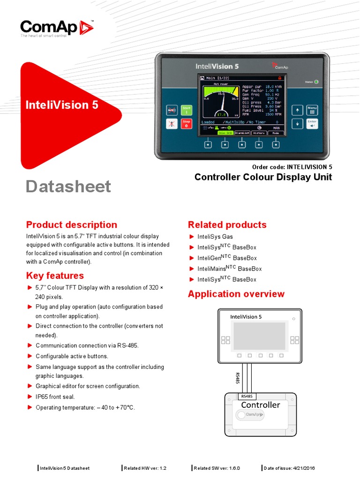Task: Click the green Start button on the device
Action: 187,110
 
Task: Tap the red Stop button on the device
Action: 187,124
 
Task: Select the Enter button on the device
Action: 312,124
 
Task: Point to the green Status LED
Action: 316,82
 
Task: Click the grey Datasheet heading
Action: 68,186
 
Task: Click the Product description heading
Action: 72,225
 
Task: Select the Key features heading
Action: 55,276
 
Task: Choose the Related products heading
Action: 227,225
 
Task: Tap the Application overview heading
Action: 236,294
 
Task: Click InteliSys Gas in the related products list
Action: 215,237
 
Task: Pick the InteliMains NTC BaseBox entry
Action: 229,269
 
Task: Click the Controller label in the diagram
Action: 260,405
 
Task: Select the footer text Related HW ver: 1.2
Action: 145,468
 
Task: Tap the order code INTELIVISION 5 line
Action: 292,166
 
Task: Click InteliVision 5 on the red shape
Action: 62,105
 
